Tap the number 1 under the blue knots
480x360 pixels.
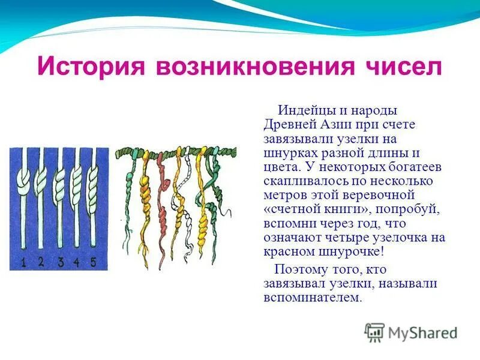[x=22, y=262]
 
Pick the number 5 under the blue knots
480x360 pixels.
[x=93, y=262]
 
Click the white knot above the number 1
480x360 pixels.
[x=23, y=178]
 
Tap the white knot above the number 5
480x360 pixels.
[x=94, y=178]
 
